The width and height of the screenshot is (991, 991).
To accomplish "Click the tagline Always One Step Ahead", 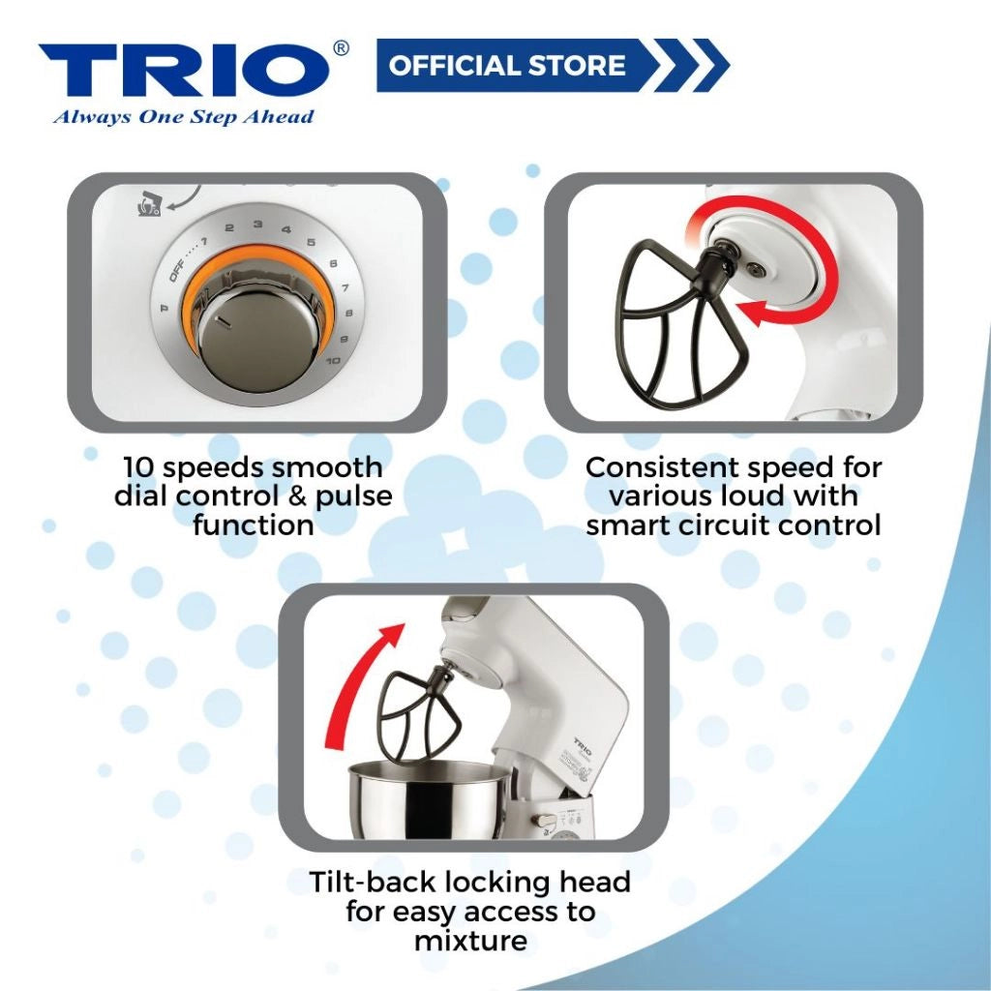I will point(183,117).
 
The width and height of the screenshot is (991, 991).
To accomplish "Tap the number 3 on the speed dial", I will point(257,225).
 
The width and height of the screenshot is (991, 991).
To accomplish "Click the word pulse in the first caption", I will point(351,496).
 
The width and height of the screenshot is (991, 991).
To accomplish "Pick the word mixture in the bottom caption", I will point(470,940).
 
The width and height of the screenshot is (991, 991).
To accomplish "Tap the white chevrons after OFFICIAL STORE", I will point(691,66).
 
